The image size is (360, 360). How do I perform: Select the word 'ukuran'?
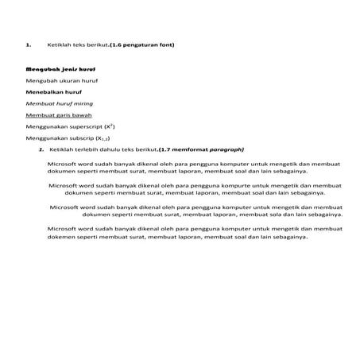[x=74, y=81]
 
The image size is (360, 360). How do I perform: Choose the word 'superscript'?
[x=87, y=126]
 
